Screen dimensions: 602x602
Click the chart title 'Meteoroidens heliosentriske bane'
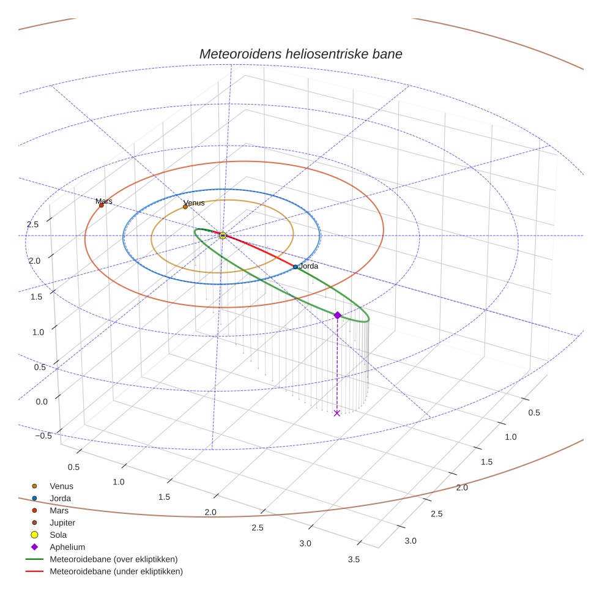pos(300,54)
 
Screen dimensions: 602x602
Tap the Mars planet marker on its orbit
pos(102,206)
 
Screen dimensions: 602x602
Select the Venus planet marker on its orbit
pos(185,207)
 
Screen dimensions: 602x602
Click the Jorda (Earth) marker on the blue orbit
pos(295,267)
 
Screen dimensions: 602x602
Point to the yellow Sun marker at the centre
pos(223,236)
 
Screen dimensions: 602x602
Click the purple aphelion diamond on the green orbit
pos(337,315)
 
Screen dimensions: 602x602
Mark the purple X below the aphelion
pos(336,414)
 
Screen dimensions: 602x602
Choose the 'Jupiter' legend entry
pos(62,523)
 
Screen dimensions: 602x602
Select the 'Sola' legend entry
pos(58,535)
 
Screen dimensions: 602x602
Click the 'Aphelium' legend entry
pos(67,548)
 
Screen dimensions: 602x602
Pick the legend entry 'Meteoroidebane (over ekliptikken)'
pos(113,559)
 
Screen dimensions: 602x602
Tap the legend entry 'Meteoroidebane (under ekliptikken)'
pos(116,571)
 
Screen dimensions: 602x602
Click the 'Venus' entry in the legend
pos(61,486)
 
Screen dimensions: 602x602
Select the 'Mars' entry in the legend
pos(59,511)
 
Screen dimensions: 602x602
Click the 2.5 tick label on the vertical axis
pos(32,225)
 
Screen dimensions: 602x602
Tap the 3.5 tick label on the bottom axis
pos(353,559)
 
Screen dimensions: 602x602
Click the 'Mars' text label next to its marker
pos(104,201)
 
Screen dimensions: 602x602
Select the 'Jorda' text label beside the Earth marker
pos(308,267)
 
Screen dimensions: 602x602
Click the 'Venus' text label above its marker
pos(194,202)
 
